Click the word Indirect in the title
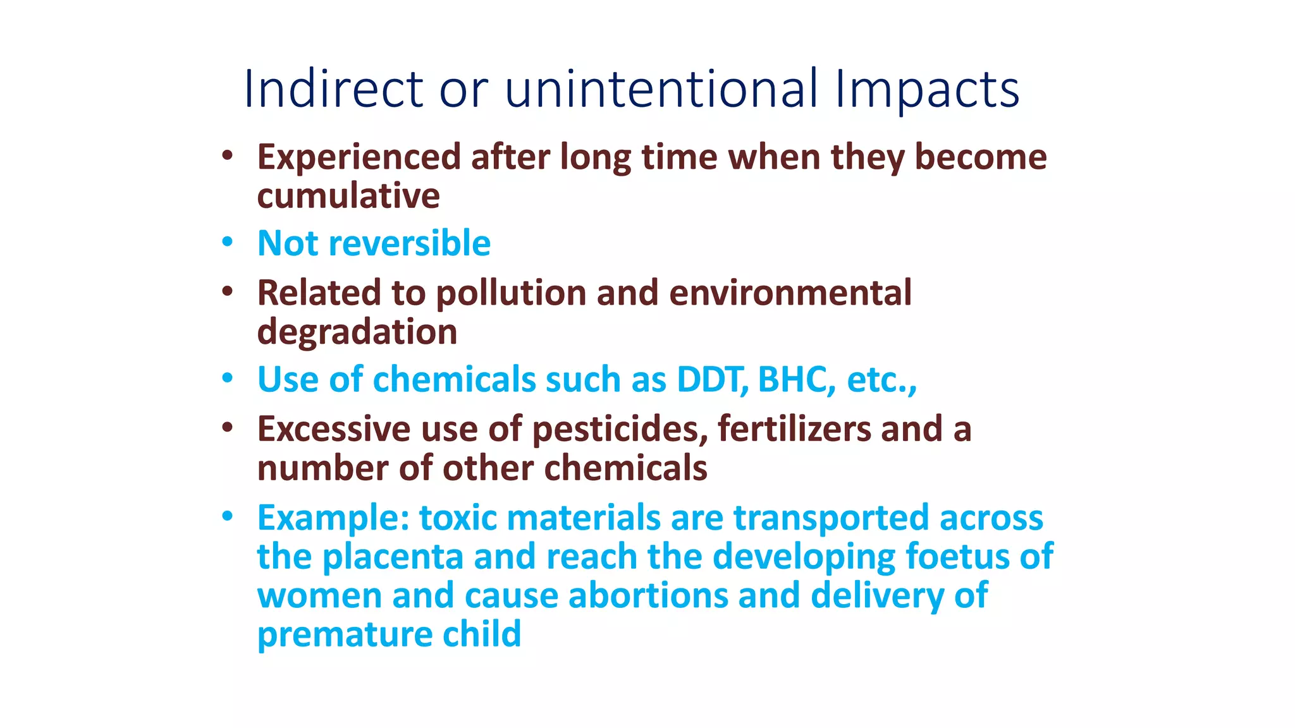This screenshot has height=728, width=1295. (x=333, y=88)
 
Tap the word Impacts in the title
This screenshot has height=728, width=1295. (x=926, y=88)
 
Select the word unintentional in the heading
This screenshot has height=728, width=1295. (x=661, y=88)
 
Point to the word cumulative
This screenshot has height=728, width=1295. (x=348, y=196)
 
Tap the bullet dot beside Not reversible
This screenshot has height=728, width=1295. (x=228, y=243)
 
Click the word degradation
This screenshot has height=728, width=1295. (x=357, y=332)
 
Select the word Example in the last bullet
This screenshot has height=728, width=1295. (x=333, y=518)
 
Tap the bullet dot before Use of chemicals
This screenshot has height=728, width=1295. (x=228, y=379)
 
